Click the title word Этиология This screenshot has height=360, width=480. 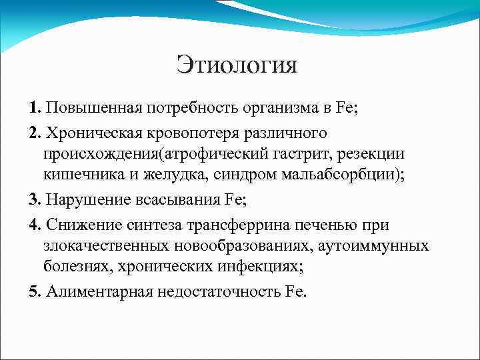(x=237, y=65)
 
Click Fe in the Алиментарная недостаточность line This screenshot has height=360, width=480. (x=294, y=292)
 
